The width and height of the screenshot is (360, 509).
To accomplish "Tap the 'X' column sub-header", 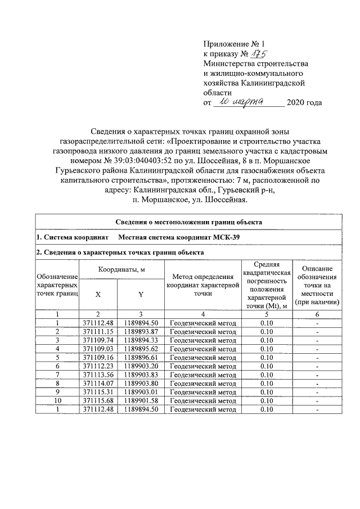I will pyautogui.click(x=98, y=294).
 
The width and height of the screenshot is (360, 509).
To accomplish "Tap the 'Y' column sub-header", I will pyautogui.click(x=141, y=294).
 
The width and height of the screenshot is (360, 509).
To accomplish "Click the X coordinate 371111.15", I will pyautogui.click(x=98, y=332).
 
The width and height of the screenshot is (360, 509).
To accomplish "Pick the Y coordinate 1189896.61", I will pyautogui.click(x=141, y=357).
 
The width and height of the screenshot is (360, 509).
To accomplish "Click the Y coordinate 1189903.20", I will pyautogui.click(x=141, y=366).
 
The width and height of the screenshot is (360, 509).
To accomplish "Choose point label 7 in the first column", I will pyautogui.click(x=57, y=375).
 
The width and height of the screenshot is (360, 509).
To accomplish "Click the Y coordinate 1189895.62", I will pyautogui.click(x=141, y=349).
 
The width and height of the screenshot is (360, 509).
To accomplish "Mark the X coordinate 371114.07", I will pyautogui.click(x=98, y=383).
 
